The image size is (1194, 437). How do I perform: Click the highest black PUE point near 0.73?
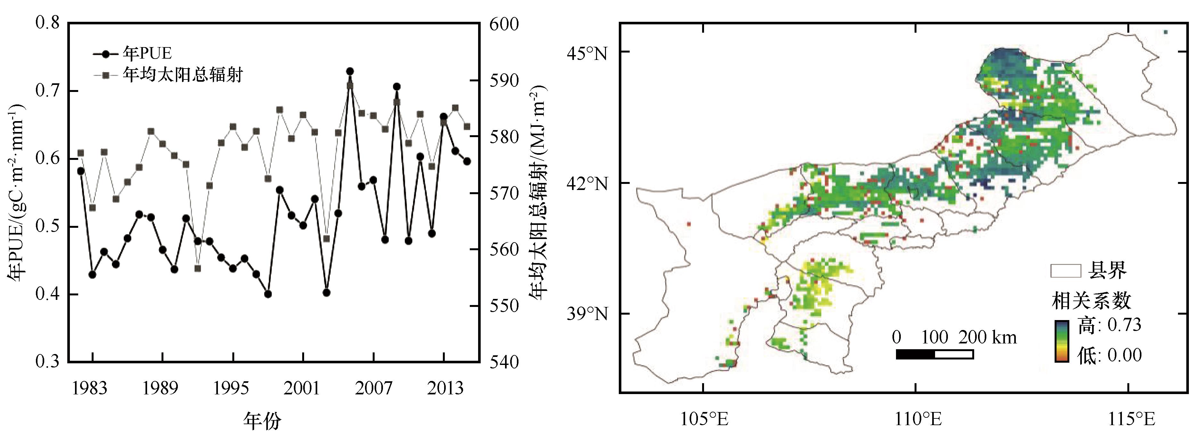point(350,71)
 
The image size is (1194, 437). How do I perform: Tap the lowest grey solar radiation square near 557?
point(198,268)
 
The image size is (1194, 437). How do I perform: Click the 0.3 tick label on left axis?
point(48,361)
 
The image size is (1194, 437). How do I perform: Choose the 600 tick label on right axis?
point(504,24)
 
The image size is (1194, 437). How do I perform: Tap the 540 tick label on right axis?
point(504,362)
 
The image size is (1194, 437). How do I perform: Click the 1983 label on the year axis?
point(89,388)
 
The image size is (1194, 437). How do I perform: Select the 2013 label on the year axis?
point(445,388)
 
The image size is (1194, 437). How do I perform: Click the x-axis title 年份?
point(262,421)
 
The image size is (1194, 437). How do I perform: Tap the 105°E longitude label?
point(704,419)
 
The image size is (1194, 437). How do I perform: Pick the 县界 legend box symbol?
point(1065,271)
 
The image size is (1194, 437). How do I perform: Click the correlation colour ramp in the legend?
point(1061,341)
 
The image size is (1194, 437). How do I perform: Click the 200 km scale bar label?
point(987,337)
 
